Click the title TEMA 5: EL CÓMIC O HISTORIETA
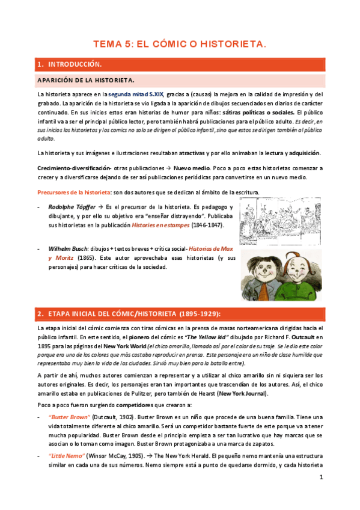pos(180,44)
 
